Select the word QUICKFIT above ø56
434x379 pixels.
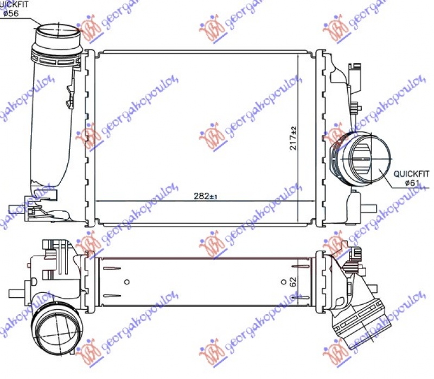15,4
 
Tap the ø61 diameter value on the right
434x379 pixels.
413,183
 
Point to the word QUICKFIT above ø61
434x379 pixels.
411,174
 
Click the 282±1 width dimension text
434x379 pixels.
205,196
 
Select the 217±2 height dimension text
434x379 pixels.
293,138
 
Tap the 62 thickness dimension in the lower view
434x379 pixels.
293,282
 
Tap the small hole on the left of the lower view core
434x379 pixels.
126,282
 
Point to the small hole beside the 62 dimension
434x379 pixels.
284,282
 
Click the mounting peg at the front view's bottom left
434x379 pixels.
16,208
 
